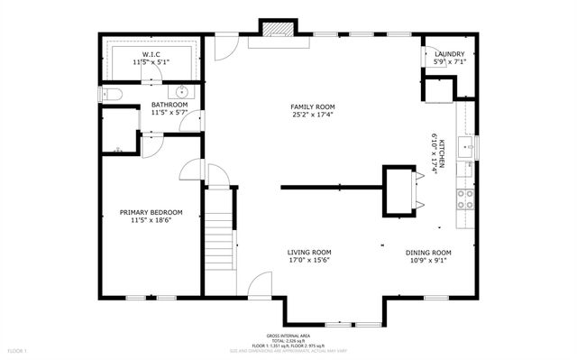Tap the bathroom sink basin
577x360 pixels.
point(182,91)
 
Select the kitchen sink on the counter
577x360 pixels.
point(467,147)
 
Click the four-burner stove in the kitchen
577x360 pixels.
point(466,198)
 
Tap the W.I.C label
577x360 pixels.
point(151,55)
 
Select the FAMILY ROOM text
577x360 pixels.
point(312,106)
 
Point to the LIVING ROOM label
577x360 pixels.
point(309,253)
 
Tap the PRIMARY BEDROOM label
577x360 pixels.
point(151,213)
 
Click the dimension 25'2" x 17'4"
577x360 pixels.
point(312,115)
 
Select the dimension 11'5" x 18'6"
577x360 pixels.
point(151,221)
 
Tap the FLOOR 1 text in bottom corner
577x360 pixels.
point(18,349)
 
